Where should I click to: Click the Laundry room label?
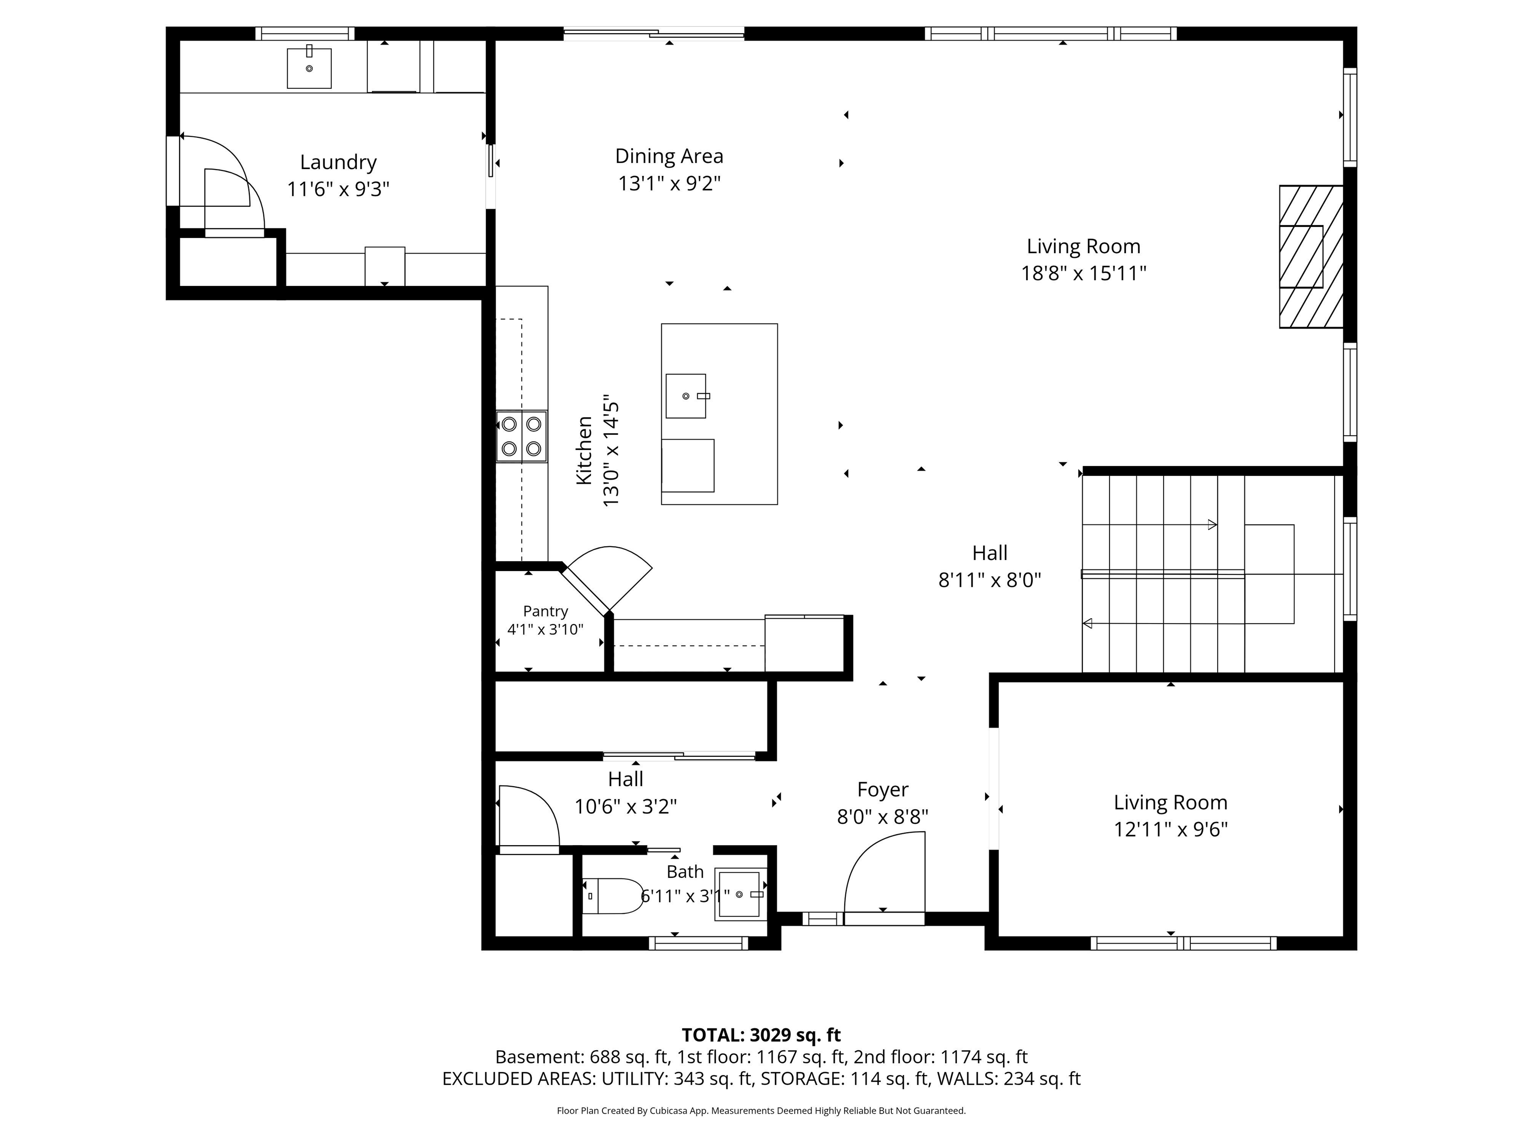tap(338, 163)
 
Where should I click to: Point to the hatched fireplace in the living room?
tap(1311, 257)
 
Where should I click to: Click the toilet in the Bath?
tap(613, 896)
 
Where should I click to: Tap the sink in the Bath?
tap(740, 894)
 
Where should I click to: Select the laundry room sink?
tap(309, 67)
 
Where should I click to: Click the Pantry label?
tap(545, 611)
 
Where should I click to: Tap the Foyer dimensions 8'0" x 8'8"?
tap(882, 817)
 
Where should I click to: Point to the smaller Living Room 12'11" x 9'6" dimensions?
tap(1171, 829)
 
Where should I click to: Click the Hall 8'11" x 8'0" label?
tap(990, 567)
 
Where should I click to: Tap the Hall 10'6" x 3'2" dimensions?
tap(626, 806)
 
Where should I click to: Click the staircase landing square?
tap(1269, 574)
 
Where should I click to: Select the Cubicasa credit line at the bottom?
tap(761, 1110)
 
